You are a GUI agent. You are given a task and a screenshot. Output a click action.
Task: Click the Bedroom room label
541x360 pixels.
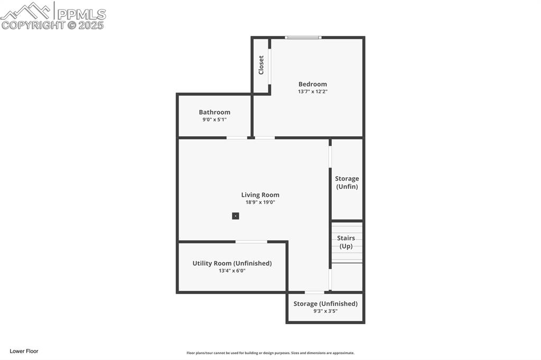[x=312, y=84]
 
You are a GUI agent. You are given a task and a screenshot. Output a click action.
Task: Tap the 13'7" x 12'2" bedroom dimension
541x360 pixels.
[x=312, y=92]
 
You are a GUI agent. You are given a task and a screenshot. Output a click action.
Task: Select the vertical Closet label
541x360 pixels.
[x=261, y=65]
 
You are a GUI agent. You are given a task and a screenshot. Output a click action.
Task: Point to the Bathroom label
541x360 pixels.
[x=214, y=112]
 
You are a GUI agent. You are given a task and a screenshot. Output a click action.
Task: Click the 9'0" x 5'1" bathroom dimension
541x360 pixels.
[x=214, y=120]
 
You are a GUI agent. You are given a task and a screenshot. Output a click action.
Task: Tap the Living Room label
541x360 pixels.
[x=260, y=195]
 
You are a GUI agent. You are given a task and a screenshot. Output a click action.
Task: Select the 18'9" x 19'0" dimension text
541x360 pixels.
[x=260, y=202]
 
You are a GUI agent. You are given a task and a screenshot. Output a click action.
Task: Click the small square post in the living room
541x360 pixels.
[x=236, y=216]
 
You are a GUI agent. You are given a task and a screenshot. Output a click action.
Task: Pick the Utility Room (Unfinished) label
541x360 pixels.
[x=232, y=263]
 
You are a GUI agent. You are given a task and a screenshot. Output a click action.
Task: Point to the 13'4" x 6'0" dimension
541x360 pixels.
[x=232, y=271]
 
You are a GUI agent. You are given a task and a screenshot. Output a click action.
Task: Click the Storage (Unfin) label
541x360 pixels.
[x=347, y=183]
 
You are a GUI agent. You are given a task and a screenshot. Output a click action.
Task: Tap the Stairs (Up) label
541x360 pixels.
[x=346, y=242]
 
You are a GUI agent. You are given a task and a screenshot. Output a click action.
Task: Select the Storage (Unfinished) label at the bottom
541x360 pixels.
[x=325, y=304]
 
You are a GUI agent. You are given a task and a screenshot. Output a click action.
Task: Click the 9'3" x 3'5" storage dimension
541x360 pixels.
[x=325, y=311]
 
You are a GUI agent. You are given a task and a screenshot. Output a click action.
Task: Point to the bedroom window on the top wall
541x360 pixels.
[x=303, y=37]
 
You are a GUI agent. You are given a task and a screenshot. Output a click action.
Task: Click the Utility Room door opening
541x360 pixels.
[x=251, y=242]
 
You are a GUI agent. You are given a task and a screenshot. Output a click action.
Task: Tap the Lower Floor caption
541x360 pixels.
[x=24, y=351]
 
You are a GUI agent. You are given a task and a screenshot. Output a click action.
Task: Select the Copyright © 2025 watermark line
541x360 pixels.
[x=53, y=25]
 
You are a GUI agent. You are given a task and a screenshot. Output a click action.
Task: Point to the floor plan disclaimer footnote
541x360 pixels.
[x=270, y=353]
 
